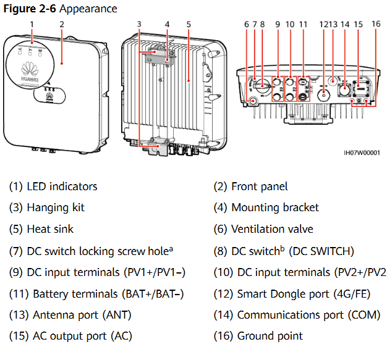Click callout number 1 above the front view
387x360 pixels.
[x=31, y=24]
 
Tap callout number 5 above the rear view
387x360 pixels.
[x=188, y=24]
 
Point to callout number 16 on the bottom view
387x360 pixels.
[x=376, y=24]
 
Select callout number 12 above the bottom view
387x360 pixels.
[x=323, y=24]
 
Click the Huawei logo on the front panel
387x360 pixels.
[x=29, y=71]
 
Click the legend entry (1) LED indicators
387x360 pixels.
[x=53, y=186]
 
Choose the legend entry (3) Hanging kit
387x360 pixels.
[x=47, y=207]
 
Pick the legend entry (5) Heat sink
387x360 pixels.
[x=41, y=229]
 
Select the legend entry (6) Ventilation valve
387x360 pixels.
[x=263, y=229]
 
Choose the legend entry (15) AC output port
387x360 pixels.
[x=70, y=336]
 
